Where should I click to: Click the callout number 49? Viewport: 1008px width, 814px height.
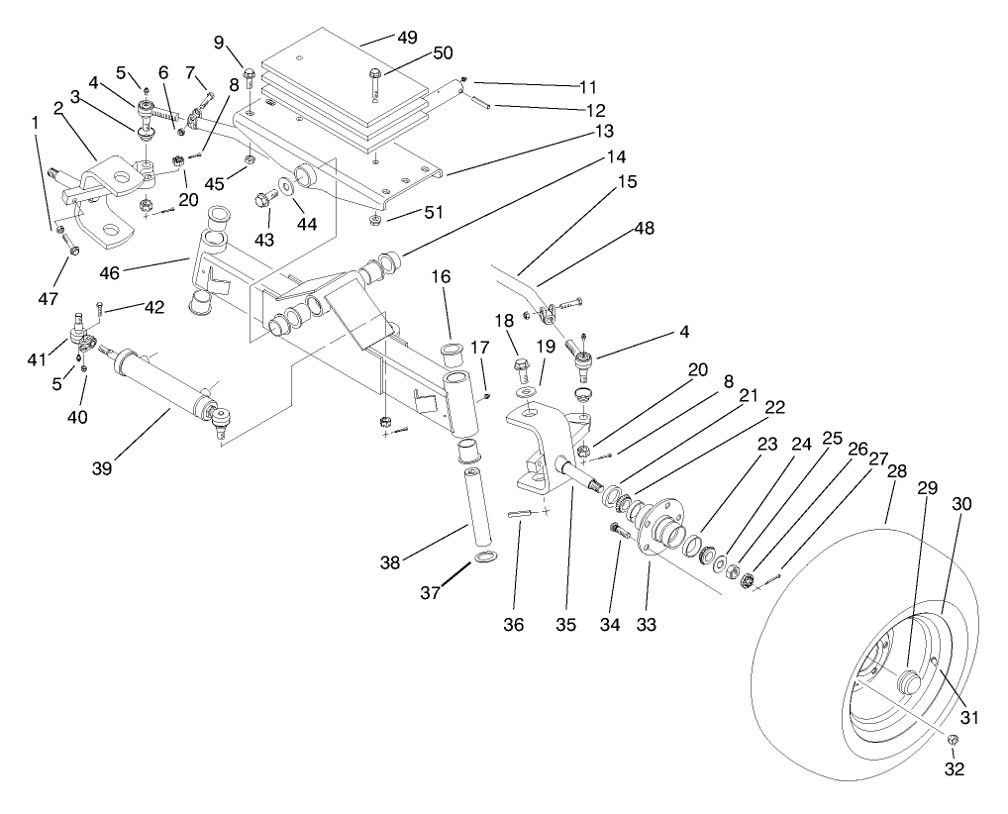click(x=407, y=38)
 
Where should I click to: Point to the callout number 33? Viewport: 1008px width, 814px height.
click(x=648, y=625)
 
